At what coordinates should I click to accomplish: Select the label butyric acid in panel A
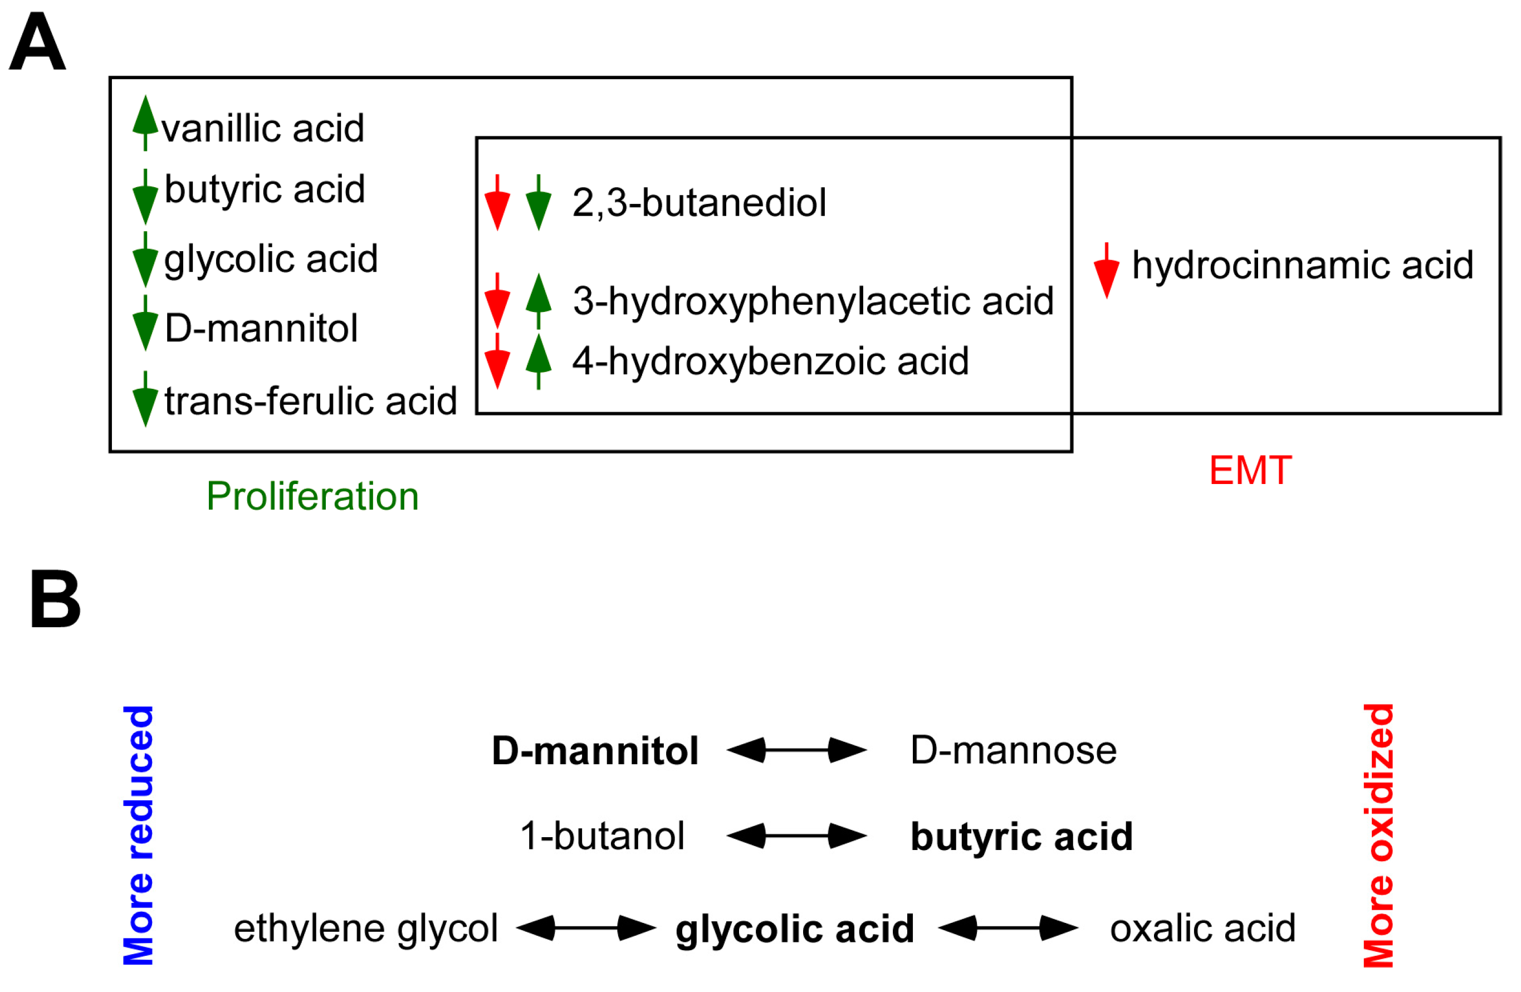pyautogui.click(x=265, y=189)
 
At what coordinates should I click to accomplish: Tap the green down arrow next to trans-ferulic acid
pyautogui.click(x=146, y=399)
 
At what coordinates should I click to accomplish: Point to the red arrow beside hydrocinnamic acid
pyautogui.click(x=1107, y=271)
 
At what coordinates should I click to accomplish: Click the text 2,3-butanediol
pyautogui.click(x=699, y=203)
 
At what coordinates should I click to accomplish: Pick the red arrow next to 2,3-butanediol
pyautogui.click(x=497, y=203)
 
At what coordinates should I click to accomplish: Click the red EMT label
pyautogui.click(x=1251, y=471)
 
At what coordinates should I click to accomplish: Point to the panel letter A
pyautogui.click(x=37, y=42)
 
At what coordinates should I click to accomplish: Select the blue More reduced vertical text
pyautogui.click(x=139, y=835)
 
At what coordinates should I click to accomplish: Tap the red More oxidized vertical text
pyautogui.click(x=1378, y=835)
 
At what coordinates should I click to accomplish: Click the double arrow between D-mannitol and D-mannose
pyautogui.click(x=796, y=750)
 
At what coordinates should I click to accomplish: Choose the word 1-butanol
pyautogui.click(x=602, y=836)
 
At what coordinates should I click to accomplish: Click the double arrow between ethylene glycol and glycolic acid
pyautogui.click(x=586, y=928)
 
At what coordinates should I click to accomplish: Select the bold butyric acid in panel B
pyautogui.click(x=1021, y=837)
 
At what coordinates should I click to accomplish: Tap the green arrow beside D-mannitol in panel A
pyautogui.click(x=146, y=324)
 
